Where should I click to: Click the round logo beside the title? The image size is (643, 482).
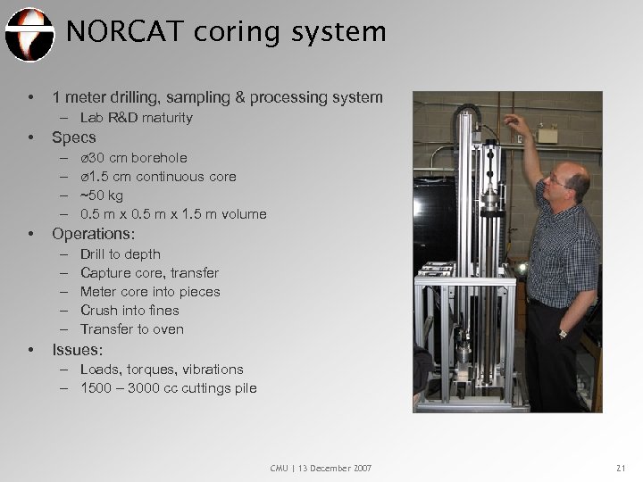click(29, 33)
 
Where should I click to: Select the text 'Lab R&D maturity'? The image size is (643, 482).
click(136, 118)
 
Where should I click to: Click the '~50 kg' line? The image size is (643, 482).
click(104, 195)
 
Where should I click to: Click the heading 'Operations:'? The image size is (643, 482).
click(93, 234)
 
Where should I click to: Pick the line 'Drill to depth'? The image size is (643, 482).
click(120, 254)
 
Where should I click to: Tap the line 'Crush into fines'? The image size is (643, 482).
click(129, 311)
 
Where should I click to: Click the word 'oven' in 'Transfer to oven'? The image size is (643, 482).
click(168, 329)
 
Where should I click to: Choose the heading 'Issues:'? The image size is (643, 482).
click(78, 349)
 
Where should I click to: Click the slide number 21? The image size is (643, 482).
click(622, 468)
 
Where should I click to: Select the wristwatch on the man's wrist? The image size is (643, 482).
click(564, 333)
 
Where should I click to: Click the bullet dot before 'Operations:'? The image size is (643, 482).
click(32, 235)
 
